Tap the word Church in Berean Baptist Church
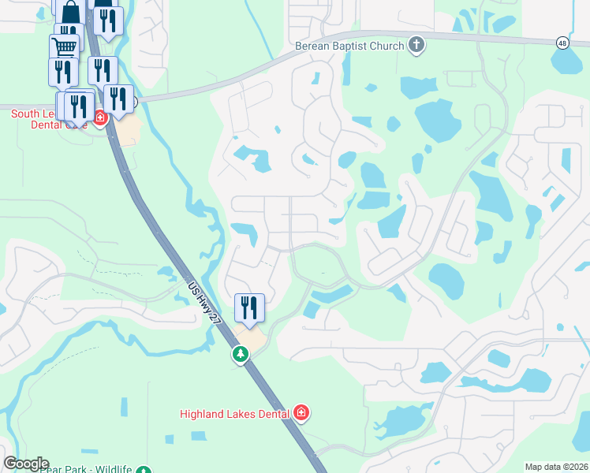tap(385, 46)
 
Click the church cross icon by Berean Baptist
tap(417, 45)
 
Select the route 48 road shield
tap(562, 43)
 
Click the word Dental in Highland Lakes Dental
tap(271, 413)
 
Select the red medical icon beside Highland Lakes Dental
tap(301, 412)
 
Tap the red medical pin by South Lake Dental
tap(99, 119)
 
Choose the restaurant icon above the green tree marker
tap(249, 307)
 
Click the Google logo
tap(26, 464)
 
